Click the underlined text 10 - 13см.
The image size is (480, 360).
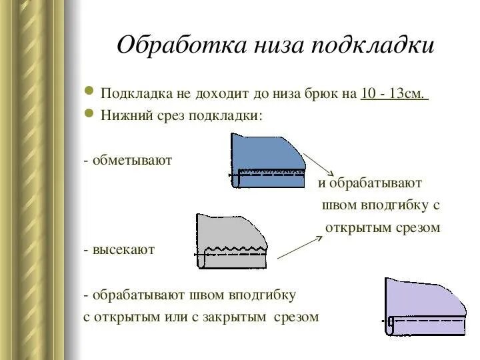394,93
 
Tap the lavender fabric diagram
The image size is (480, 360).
424,306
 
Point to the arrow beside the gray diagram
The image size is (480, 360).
296,247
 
